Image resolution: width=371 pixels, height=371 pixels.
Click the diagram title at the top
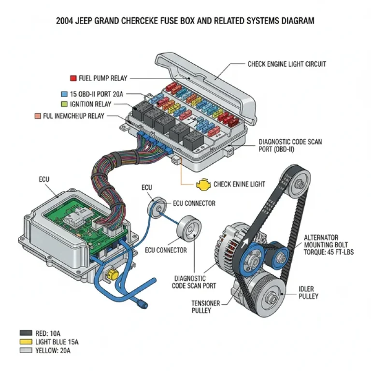(185, 21)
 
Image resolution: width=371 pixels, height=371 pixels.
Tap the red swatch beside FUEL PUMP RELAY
(73, 78)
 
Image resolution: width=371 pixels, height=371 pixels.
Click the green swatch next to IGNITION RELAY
(64, 104)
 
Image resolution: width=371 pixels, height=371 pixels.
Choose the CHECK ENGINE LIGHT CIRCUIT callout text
(286, 64)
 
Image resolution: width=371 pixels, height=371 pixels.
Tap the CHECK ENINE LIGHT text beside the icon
(239, 185)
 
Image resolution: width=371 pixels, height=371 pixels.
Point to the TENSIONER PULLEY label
(206, 307)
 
